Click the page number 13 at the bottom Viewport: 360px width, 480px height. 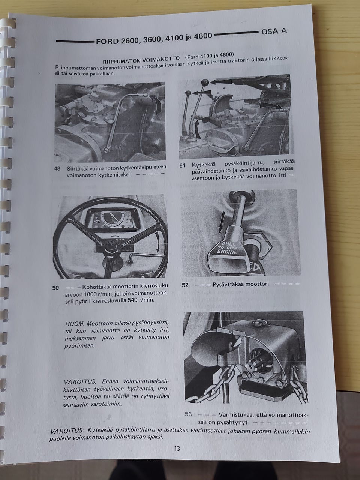coord(177,448)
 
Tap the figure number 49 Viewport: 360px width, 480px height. coord(57,169)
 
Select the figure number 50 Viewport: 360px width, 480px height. coord(55,288)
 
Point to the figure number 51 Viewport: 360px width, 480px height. coord(182,165)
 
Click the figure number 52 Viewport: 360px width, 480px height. coord(185,285)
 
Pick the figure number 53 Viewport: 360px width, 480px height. coord(188,414)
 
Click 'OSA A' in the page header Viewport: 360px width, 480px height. coord(274,31)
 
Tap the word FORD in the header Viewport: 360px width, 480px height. coord(107,41)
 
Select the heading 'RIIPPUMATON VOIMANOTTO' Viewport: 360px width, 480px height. coord(141,60)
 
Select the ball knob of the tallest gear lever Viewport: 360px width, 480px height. coord(205,82)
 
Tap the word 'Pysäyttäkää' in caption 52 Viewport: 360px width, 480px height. coord(229,284)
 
